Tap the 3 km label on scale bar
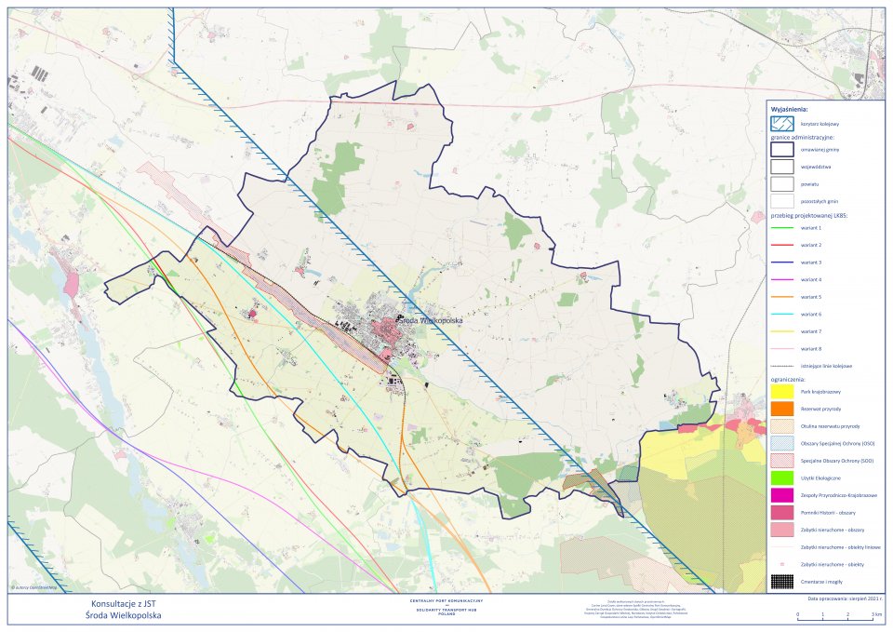[x=874, y=616]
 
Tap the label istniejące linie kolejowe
[x=826, y=366]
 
